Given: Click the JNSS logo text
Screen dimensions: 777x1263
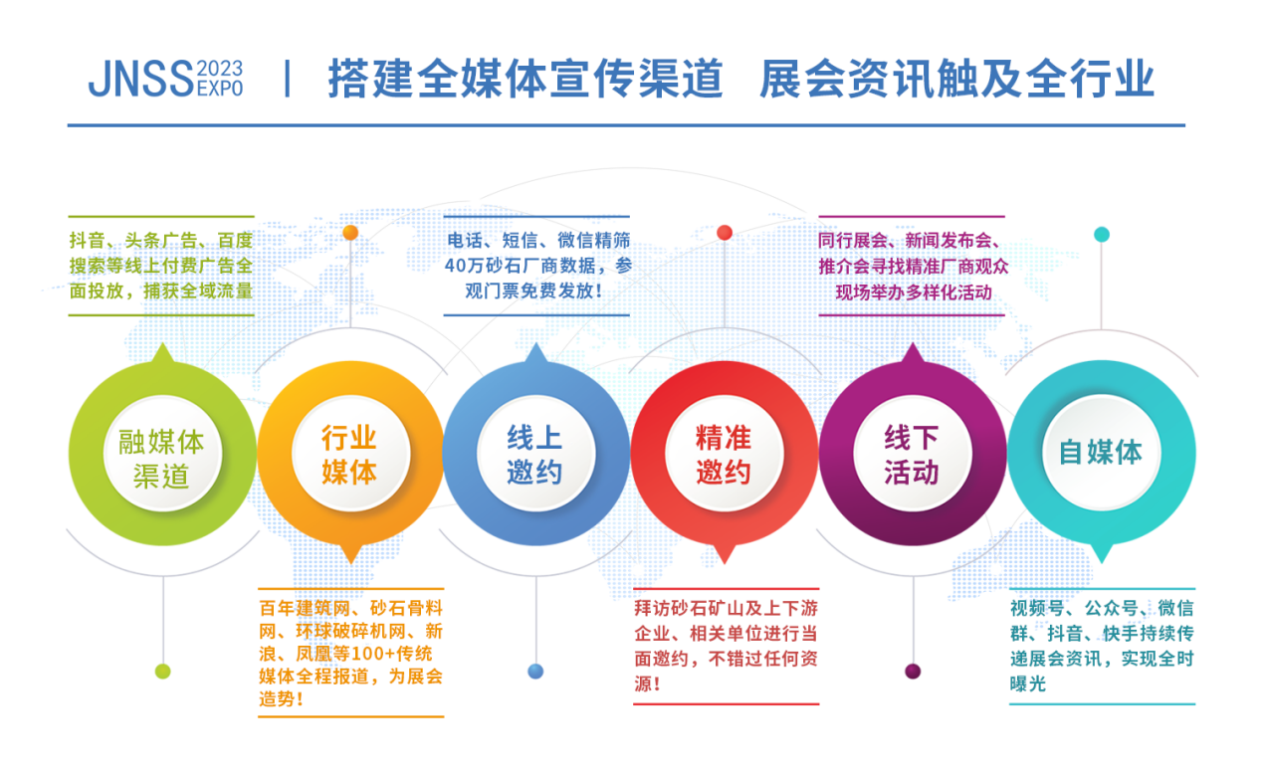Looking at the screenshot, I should coord(140,79).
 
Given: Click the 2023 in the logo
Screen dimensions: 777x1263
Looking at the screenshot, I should coord(220,69).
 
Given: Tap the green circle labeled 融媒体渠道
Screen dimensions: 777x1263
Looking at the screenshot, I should coord(161,457).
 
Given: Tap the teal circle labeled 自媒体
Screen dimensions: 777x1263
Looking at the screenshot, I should coord(1101,453).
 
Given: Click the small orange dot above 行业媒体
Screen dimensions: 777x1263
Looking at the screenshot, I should coord(350,233).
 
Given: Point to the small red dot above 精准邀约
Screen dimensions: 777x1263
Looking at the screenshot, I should coord(725,233).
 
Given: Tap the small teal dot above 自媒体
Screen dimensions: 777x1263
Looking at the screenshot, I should coord(1102,235).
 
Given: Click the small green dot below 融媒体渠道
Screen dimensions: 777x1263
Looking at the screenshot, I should coord(162,672).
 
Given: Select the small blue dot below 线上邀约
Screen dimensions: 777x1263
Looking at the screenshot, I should coord(536,672).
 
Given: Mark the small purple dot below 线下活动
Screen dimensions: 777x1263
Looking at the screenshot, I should coord(913,672).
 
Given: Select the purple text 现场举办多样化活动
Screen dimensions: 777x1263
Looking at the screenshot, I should coord(913,292).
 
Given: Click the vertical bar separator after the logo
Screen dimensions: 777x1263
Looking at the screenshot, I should coord(288,79).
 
